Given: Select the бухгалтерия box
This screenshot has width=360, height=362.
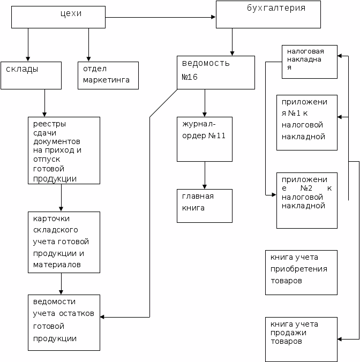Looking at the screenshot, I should (x=268, y=14).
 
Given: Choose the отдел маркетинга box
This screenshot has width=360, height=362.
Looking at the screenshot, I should (x=108, y=75).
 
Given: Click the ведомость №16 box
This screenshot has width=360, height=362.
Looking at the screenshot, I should (x=216, y=72).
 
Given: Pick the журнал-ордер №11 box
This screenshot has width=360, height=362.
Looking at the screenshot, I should (x=205, y=139).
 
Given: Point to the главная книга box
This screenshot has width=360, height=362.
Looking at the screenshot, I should (x=205, y=205).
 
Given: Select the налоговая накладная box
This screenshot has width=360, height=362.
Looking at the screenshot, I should (x=310, y=62).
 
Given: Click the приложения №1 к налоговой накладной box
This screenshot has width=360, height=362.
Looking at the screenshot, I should (x=307, y=123).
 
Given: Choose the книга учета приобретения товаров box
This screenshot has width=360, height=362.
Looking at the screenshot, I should (x=301, y=272).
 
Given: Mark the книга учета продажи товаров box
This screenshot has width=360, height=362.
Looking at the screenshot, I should (x=301, y=339).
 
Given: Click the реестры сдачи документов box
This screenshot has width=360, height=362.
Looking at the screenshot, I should (x=64, y=150).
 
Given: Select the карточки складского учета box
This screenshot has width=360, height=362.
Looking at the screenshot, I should (x=64, y=242).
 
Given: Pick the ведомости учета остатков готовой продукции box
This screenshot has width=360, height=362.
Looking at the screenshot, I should (x=64, y=322).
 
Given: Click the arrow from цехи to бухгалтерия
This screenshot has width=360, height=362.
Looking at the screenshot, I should (x=161, y=18).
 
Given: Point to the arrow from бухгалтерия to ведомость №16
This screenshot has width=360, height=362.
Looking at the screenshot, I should (x=232, y=42).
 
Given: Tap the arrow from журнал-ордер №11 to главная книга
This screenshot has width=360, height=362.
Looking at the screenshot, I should (x=205, y=175).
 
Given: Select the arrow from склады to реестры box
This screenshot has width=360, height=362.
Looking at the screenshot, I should (x=44, y=103).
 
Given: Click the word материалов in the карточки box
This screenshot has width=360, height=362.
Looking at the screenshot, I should (x=56, y=265).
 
